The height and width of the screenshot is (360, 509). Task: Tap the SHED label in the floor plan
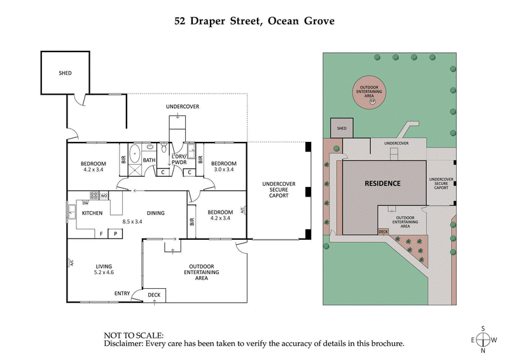pos(64,73)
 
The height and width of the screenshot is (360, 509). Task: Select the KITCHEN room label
pos(93,213)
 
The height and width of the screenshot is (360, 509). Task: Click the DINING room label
pos(155,213)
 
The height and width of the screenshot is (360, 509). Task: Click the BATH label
pos(149,160)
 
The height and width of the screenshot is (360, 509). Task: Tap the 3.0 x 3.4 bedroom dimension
pos(223,170)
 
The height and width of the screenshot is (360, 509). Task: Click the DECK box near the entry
pos(154,295)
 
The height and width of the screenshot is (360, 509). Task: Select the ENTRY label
pos(123,293)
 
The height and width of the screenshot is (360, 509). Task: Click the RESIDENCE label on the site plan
pos(382,184)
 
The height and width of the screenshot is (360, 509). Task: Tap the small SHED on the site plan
pos(341,128)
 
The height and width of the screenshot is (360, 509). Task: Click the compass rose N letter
pos(483,350)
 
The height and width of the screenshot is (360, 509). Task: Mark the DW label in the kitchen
pos(85,203)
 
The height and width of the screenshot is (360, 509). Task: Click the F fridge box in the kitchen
pos(101,233)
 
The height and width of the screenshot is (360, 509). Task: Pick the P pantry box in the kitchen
pos(115,233)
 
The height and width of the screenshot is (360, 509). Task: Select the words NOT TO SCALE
pos(134,335)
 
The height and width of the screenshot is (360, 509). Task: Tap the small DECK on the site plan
pos(383,232)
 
